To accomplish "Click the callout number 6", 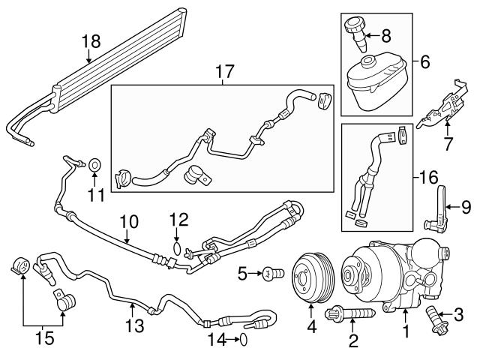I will [424, 61].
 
